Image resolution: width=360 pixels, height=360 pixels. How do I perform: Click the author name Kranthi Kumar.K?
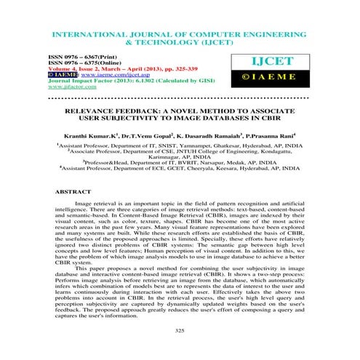coord(94,135)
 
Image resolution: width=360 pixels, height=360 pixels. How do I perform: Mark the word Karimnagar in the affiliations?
coord(153,159)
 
